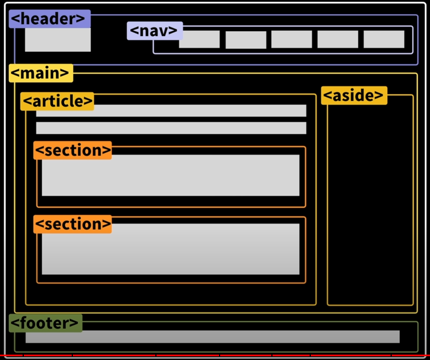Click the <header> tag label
(x=49, y=19)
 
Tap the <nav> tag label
(x=155, y=31)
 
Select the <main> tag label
(x=40, y=73)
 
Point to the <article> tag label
(x=57, y=101)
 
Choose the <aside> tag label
(x=354, y=96)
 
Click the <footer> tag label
(x=45, y=323)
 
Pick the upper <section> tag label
(x=72, y=150)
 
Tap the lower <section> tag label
(x=72, y=224)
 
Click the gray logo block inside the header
(x=58, y=40)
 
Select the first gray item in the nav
(x=199, y=39)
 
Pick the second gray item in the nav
(x=245, y=40)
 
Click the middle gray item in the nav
(x=291, y=39)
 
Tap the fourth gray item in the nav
(x=337, y=39)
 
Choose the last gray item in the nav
(x=384, y=39)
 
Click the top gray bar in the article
(x=171, y=111)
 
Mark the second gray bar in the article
(x=171, y=128)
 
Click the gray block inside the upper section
(x=170, y=176)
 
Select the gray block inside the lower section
(x=170, y=249)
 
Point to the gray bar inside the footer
(x=213, y=337)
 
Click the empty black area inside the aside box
(x=370, y=205)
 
